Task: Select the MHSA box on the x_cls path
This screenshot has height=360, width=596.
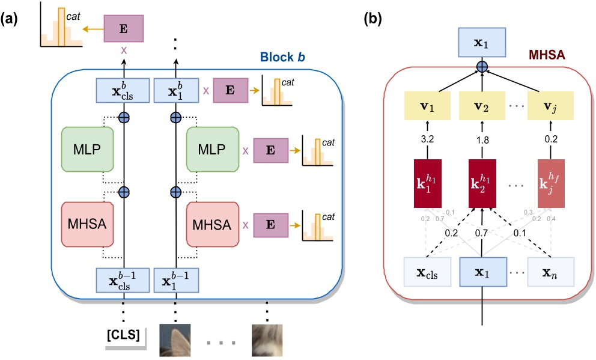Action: (87, 224)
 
